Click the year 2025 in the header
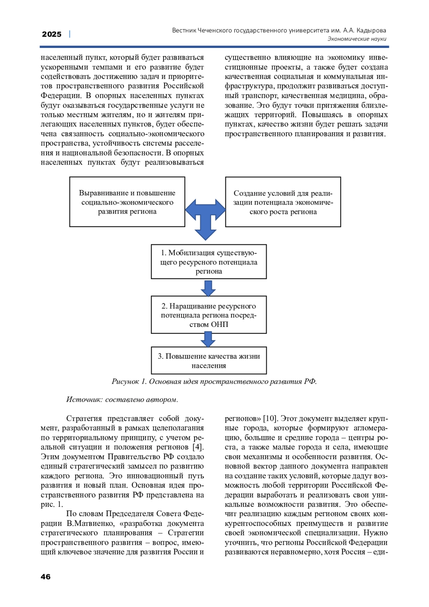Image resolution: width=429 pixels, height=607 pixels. (x=51, y=34)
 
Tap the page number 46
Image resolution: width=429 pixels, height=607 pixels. (x=46, y=577)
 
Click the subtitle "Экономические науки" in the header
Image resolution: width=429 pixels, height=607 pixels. (x=357, y=39)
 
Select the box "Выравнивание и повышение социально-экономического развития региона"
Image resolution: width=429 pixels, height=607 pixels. (x=127, y=202)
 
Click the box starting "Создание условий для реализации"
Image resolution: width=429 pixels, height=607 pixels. (x=283, y=202)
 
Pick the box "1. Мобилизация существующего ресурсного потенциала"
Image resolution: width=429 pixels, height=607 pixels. (x=209, y=262)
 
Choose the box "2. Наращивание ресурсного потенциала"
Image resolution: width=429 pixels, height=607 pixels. (x=209, y=315)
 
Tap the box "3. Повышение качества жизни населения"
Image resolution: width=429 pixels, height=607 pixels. (x=209, y=361)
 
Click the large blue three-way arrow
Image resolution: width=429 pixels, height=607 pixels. (x=206, y=215)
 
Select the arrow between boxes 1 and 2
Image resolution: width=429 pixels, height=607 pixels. (x=208, y=288)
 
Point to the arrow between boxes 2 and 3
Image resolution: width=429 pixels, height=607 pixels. (x=208, y=339)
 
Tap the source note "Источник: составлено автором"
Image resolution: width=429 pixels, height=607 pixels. (x=122, y=400)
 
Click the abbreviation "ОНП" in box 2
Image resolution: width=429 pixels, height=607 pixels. (x=220, y=324)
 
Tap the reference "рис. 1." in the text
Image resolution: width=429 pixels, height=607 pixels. (x=52, y=504)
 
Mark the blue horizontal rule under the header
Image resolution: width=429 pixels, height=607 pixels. (x=214, y=47)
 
